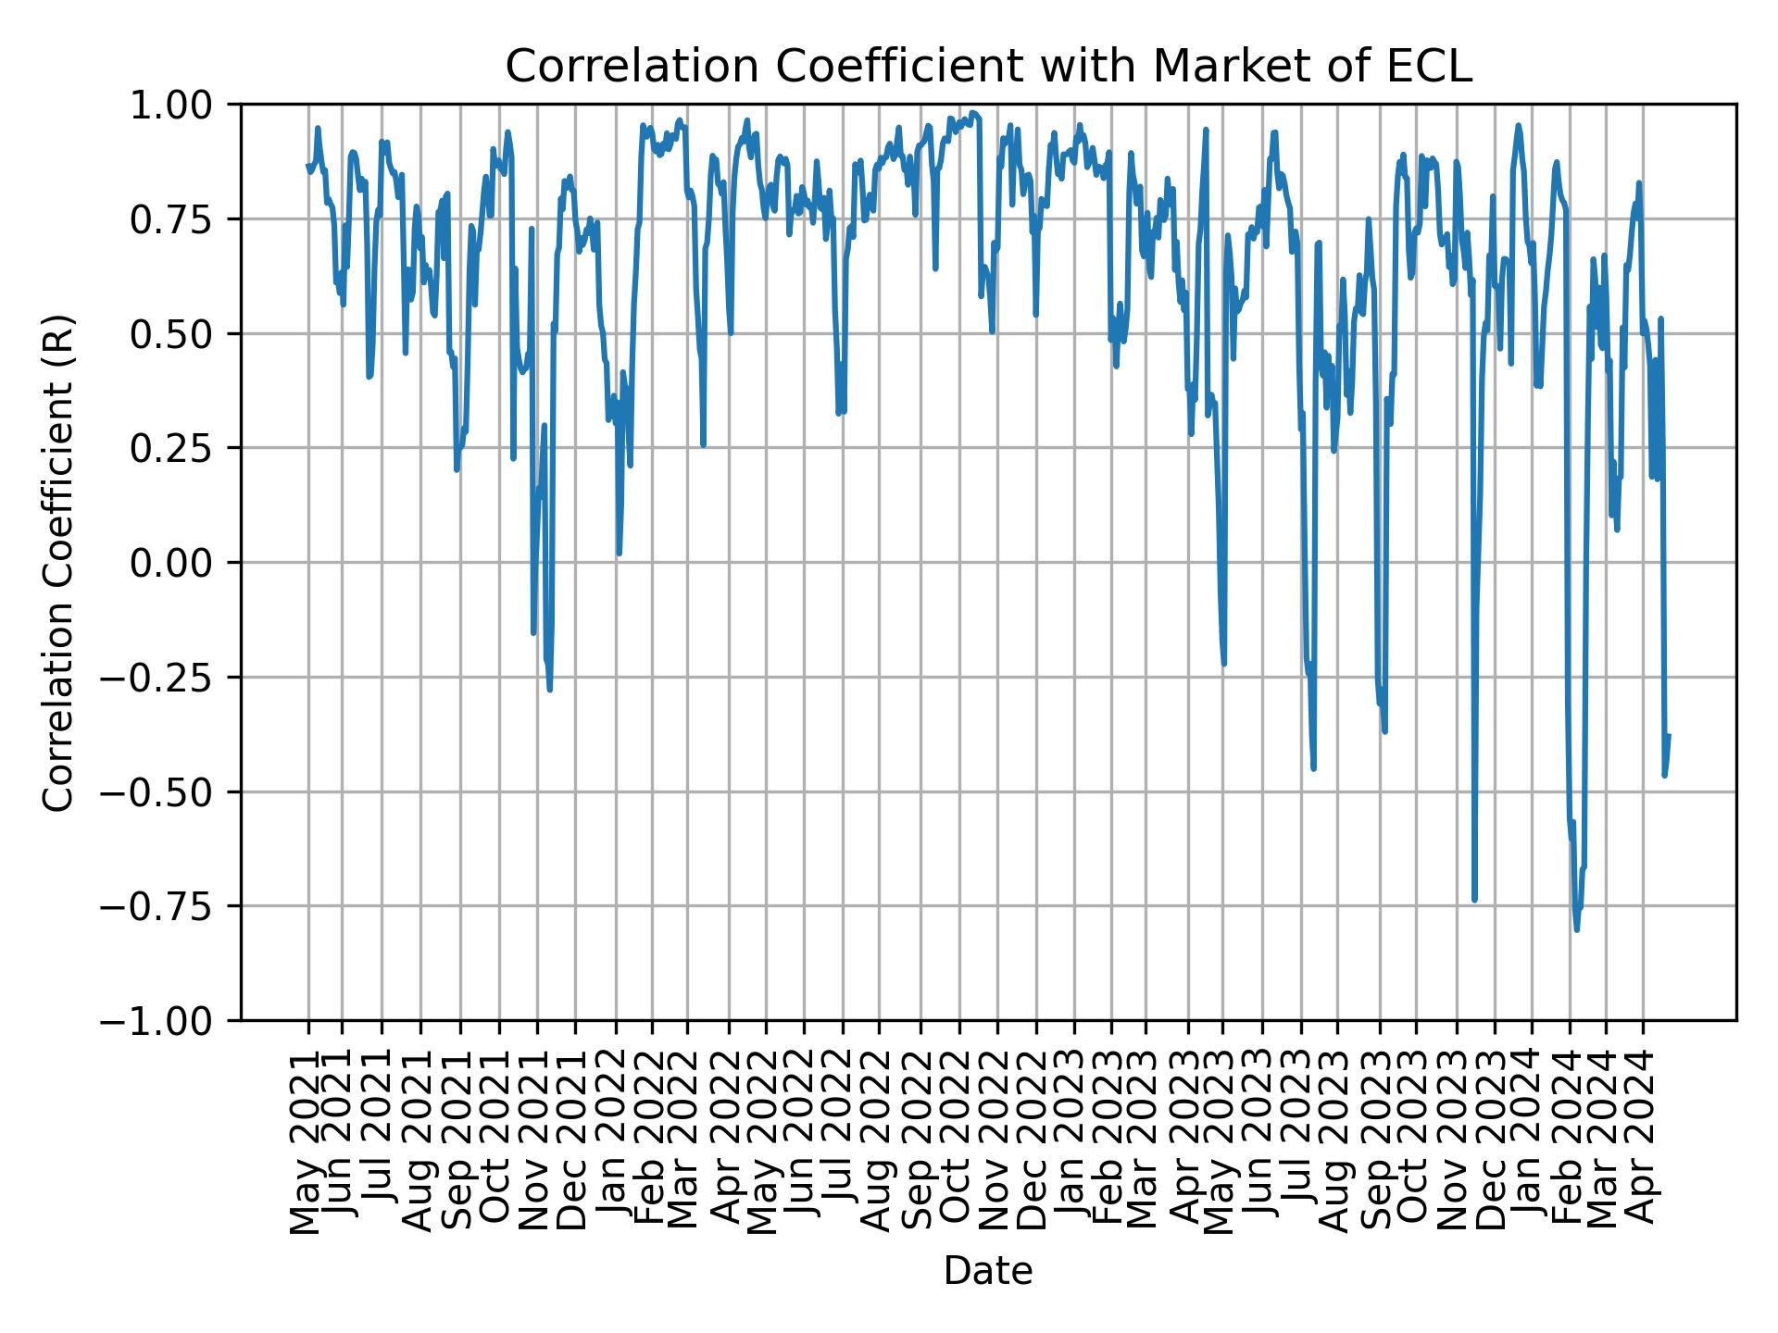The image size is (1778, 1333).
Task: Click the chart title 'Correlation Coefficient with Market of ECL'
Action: (988, 67)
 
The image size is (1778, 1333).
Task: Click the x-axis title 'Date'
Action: (988, 1272)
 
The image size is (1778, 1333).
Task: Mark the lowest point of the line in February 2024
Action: (1576, 929)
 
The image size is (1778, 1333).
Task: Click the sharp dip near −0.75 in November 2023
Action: (1474, 900)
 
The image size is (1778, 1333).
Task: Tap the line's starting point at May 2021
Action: (308, 166)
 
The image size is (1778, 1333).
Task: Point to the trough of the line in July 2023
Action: (1313, 768)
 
